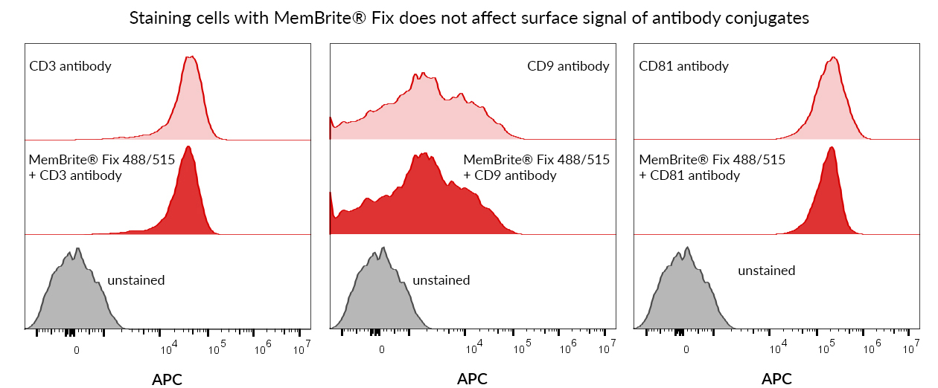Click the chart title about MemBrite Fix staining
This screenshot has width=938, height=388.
click(x=469, y=19)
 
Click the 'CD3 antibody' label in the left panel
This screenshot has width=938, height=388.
click(x=71, y=66)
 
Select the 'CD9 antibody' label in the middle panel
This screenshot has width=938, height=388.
click(x=568, y=66)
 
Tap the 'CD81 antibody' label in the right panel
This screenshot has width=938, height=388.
click(x=683, y=66)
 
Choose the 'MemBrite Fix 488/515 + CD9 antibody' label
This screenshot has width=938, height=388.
click(x=536, y=167)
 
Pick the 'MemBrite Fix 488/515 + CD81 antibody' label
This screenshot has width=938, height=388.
click(x=712, y=167)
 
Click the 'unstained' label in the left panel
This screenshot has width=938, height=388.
click(x=136, y=280)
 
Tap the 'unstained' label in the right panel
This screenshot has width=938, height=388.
click(x=766, y=271)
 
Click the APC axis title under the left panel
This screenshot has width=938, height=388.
click(x=167, y=379)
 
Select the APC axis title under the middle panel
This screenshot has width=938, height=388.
click(x=472, y=379)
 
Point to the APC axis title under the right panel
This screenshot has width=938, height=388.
click(x=776, y=379)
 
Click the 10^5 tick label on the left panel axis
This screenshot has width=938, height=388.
click(x=216, y=348)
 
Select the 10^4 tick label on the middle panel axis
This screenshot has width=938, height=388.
click(x=474, y=348)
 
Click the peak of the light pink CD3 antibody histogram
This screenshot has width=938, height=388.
click(x=191, y=56)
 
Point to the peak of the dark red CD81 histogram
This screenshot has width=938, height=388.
click(x=831, y=147)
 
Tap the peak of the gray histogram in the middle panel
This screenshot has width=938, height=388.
click(x=382, y=247)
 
